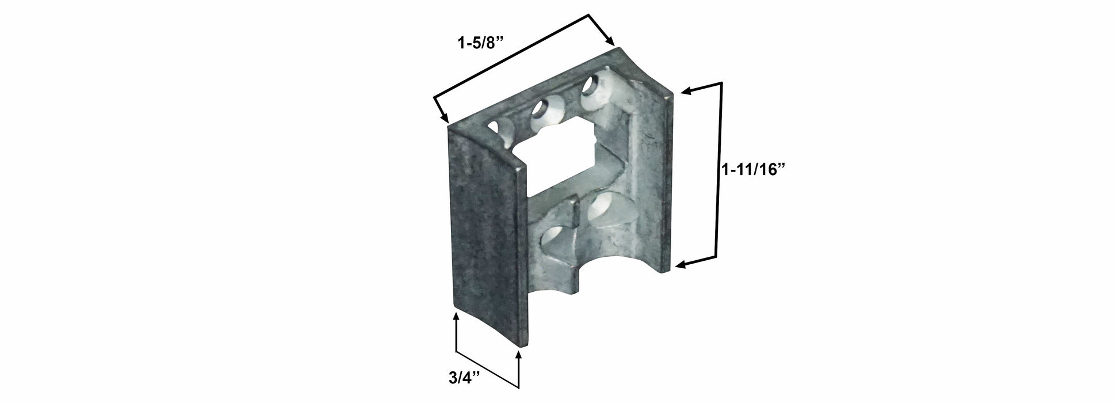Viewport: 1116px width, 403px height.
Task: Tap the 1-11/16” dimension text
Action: tap(754, 170)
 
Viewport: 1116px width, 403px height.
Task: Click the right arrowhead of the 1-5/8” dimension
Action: tap(611, 40)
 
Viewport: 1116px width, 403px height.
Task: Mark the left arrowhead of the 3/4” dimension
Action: tap(456, 318)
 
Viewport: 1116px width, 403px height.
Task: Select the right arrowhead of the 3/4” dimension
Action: tap(519, 355)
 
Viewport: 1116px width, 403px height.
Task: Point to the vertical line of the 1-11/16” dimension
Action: tap(718, 173)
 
